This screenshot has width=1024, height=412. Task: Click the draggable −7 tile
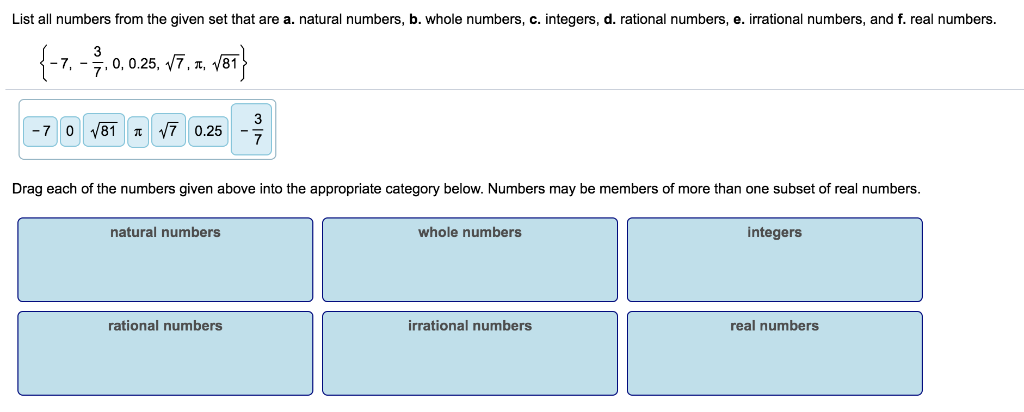pos(41,131)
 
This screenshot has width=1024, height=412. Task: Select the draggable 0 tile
pos(69,131)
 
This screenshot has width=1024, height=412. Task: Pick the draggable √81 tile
pos(104,131)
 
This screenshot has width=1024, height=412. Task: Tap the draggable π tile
pos(139,131)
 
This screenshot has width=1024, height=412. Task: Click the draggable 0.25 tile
pos(209,131)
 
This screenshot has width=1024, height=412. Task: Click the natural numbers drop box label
pos(165,232)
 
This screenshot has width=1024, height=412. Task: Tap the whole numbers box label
pos(470,232)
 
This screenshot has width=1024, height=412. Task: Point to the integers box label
pos(774,232)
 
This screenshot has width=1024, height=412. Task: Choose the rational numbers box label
pos(165,325)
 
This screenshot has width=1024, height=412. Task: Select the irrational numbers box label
pos(470,325)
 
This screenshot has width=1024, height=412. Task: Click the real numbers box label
pos(774,325)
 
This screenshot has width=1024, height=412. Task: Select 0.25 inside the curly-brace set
pos(148,65)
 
